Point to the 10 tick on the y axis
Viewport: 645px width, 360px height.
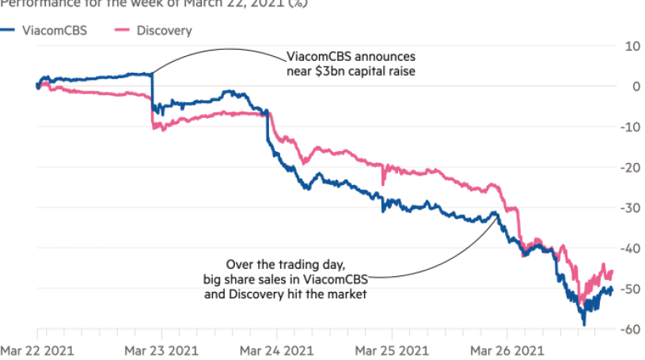click(632, 46)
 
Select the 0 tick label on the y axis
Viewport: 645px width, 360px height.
click(634, 86)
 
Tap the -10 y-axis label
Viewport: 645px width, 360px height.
click(630, 127)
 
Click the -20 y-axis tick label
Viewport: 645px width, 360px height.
click(630, 168)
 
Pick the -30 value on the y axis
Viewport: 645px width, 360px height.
click(630, 208)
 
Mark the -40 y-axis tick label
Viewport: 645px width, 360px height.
click(630, 248)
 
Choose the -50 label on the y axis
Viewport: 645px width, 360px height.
click(630, 290)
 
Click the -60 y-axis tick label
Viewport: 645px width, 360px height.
click(630, 330)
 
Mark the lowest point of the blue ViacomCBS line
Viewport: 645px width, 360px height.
click(584, 324)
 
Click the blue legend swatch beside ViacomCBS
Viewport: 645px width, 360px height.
click(9, 31)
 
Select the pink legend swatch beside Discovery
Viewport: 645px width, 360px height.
click(121, 31)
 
